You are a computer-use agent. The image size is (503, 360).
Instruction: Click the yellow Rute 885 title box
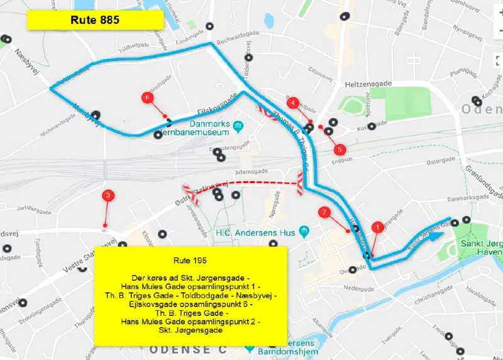95,20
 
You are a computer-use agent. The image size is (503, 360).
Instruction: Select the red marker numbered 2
324,212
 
